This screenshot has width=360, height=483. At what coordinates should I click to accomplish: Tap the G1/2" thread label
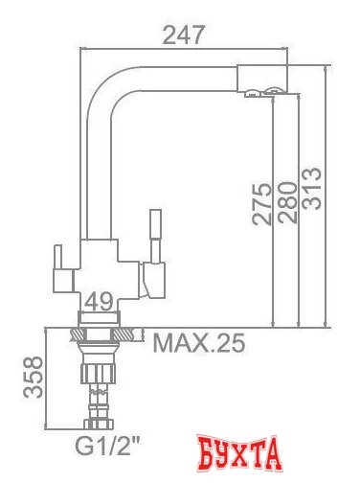coord(104,444)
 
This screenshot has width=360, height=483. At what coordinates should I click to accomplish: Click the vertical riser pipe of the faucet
coord(94,172)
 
